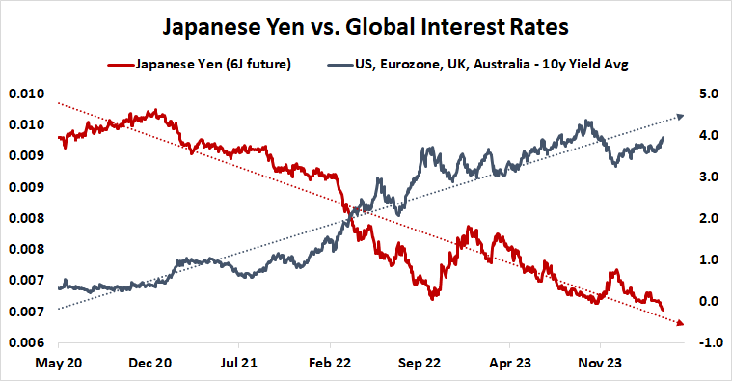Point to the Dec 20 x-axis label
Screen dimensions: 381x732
(x=149, y=367)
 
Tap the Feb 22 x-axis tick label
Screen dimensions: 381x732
(x=330, y=367)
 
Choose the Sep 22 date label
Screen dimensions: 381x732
(x=420, y=367)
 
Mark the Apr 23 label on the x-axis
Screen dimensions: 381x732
(x=510, y=367)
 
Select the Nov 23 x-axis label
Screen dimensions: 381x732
(x=600, y=367)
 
